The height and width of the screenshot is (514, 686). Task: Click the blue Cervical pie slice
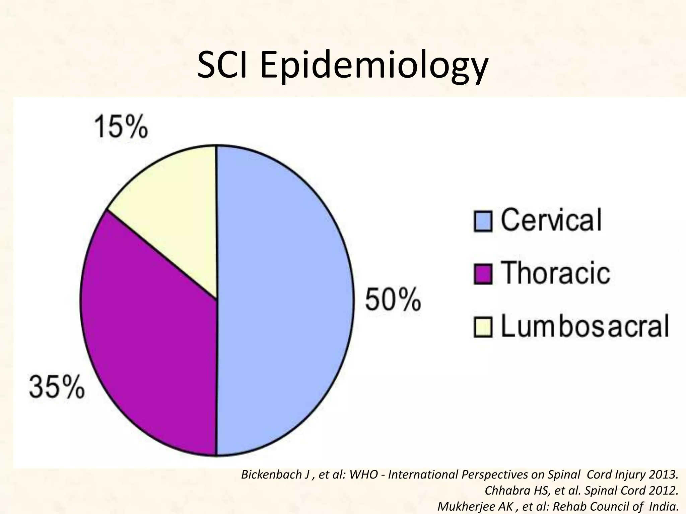click(285, 301)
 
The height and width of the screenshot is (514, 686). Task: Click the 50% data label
click(393, 300)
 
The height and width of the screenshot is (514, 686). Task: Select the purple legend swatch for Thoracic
click(483, 274)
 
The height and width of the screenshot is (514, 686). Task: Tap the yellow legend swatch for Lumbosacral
click(483, 327)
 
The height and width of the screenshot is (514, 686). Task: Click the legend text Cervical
click(551, 220)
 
